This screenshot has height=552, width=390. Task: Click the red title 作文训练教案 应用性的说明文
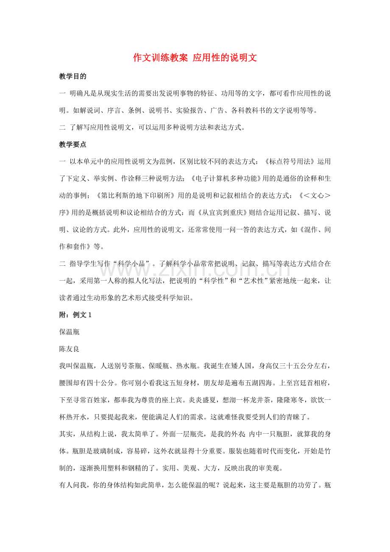tap(195, 58)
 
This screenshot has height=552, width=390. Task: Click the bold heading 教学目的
tap(73, 77)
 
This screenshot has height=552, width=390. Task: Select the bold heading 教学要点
tap(73, 145)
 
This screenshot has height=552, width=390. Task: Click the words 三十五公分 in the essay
tap(283, 366)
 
